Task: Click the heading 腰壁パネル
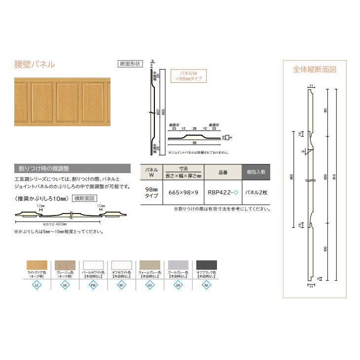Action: pos(35,65)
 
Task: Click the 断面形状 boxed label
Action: pos(130,63)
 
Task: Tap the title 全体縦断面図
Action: pos(315,70)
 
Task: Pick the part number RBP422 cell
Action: pos(222,192)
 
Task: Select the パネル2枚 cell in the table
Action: pos(256,192)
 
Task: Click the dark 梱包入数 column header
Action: pos(256,172)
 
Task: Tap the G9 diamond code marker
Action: pos(179,285)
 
